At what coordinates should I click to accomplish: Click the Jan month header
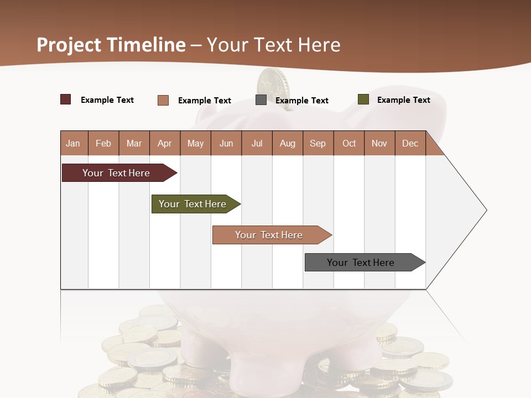73,143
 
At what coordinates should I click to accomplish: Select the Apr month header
165,143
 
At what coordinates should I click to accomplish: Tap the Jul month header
257,143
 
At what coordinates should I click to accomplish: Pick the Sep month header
317,143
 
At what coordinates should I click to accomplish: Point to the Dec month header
410,143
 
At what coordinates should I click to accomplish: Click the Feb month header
103,143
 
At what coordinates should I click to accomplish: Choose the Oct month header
349,143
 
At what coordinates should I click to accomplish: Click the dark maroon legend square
65,99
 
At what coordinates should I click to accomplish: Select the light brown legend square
163,100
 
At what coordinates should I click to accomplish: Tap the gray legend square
261,100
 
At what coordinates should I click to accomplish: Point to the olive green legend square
363,99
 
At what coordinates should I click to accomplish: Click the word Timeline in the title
146,45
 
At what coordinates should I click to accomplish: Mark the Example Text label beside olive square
403,100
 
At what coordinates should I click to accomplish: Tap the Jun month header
226,143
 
